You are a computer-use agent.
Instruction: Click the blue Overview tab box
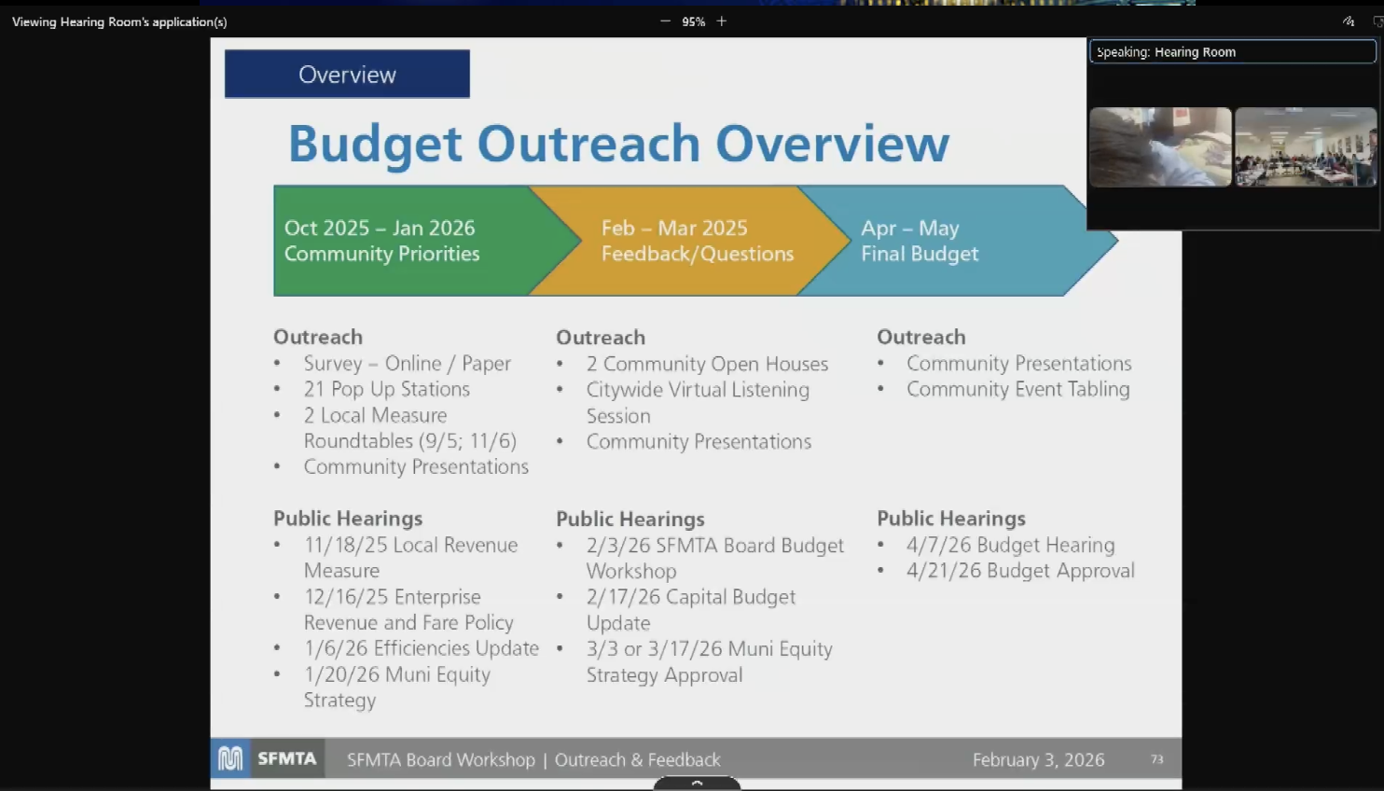tap(347, 75)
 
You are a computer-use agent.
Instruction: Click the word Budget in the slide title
tap(375, 145)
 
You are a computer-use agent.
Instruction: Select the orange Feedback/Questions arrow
tap(689, 241)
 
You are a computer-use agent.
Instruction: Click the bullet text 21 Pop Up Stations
tap(387, 389)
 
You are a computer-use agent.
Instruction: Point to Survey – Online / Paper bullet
tap(408, 364)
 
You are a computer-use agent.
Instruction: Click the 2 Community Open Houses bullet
tap(707, 364)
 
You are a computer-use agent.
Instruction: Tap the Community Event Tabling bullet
tap(1018, 389)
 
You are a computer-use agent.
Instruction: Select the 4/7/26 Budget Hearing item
tap(1011, 545)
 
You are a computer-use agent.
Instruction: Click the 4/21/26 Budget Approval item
tap(1020, 570)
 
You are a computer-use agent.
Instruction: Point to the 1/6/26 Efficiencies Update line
tap(422, 648)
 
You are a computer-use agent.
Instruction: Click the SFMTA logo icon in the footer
tap(230, 758)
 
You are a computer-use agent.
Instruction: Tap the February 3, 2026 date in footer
tap(1039, 759)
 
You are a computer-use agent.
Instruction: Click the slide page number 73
tap(1157, 759)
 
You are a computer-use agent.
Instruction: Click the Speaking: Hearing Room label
tap(1166, 52)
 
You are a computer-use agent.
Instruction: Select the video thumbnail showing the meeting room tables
tap(1306, 147)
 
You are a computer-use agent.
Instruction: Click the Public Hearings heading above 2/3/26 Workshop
tap(630, 519)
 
